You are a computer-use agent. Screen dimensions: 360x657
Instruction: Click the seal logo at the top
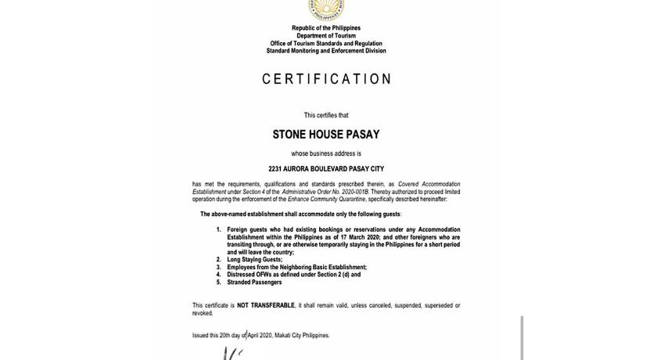326,9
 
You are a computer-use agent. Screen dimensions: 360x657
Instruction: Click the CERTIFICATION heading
326,79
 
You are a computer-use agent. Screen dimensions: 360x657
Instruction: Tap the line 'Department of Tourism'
326,36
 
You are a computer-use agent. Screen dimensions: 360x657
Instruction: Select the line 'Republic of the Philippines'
326,28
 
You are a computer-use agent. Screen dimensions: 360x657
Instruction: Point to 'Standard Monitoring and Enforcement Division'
326,51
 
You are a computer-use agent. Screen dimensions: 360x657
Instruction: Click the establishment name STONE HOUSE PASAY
326,135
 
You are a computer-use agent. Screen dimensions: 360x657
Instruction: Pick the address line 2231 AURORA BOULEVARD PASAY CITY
326,169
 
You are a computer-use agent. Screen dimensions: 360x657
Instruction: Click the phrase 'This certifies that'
326,115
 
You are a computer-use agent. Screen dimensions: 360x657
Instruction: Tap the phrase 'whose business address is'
326,153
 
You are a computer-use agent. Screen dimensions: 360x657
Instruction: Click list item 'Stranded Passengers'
255,283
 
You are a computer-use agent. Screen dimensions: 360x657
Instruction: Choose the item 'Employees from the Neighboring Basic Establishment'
296,268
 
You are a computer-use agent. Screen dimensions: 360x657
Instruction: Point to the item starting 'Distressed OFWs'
293,275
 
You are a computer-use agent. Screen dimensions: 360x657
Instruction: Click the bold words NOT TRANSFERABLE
266,305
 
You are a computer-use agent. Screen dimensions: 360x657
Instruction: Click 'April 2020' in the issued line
260,336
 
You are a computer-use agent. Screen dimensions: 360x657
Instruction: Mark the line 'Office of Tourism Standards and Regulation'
326,44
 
